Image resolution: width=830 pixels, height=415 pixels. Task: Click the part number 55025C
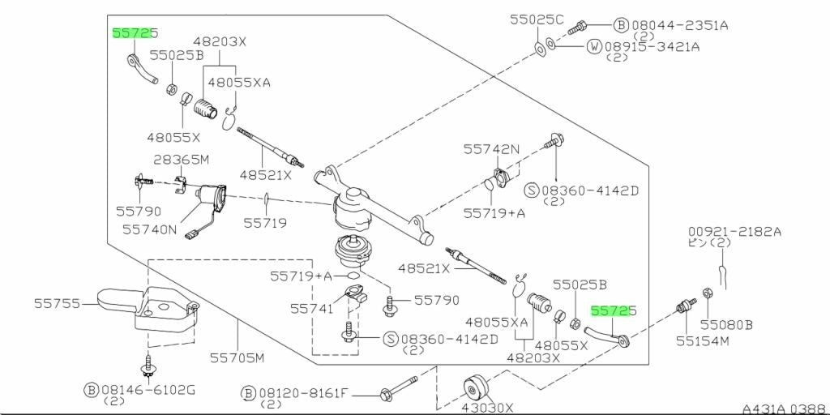537,19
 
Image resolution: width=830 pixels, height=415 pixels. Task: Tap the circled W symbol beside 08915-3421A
594,46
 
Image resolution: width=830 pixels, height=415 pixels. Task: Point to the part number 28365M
181,160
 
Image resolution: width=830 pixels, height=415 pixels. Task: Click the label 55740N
149,229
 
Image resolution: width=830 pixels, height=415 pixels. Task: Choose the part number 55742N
492,149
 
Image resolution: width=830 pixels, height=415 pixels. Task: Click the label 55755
58,304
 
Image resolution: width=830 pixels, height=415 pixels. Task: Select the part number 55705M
237,358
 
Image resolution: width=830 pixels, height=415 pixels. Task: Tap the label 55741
314,308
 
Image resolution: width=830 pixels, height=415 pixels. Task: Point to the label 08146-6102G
148,391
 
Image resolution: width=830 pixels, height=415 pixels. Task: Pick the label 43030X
487,408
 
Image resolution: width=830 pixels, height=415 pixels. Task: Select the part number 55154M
703,341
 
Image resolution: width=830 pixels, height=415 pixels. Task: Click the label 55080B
726,324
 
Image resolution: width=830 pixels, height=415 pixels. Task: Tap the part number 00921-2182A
734,231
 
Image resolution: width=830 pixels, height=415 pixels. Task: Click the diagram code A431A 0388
785,409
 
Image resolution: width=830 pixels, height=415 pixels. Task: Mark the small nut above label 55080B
707,293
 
